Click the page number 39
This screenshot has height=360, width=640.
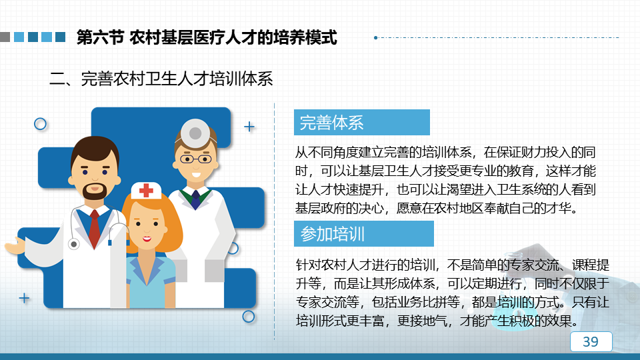click(x=591, y=341)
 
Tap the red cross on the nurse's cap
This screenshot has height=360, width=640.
click(x=146, y=190)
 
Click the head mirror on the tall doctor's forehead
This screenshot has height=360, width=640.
click(x=195, y=133)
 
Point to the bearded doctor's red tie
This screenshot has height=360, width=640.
click(x=94, y=229)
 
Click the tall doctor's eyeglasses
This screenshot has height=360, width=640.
click(x=195, y=159)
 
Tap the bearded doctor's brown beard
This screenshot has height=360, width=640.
click(x=95, y=191)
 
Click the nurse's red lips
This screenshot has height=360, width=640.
click(x=147, y=239)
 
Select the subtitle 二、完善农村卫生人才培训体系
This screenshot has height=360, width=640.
click(x=161, y=79)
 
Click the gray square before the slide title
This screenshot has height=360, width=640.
click(x=5, y=37)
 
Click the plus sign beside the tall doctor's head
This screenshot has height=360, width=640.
click(x=249, y=127)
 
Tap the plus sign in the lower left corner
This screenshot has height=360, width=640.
click(x=24, y=299)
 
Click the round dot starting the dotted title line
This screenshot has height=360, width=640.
click(x=375, y=37)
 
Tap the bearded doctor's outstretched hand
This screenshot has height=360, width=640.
click(x=14, y=245)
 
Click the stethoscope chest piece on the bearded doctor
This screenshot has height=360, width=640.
click(x=73, y=244)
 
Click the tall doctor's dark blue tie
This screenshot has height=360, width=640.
click(x=196, y=199)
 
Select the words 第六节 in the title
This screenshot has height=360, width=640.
click(x=100, y=37)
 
